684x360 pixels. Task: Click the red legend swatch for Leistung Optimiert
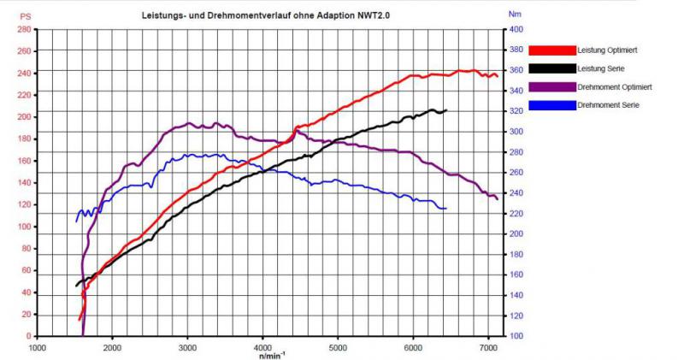point(552,50)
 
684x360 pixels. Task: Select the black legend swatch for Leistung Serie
point(552,68)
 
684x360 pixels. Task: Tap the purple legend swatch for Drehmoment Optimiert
point(552,86)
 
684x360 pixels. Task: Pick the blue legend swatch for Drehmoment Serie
point(552,104)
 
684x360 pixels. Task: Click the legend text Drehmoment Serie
point(606,104)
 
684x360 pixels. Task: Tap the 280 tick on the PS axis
point(23,29)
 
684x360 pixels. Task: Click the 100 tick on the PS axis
point(23,227)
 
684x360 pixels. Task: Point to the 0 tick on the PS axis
point(27,336)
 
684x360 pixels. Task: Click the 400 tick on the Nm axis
point(516,29)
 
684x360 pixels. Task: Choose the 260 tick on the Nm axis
point(516,173)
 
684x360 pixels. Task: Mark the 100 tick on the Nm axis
point(516,336)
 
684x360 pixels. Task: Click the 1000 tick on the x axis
point(37,348)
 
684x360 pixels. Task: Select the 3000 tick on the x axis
point(187,348)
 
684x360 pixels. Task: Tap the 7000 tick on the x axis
point(488,348)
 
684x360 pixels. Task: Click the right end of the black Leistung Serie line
point(446,110)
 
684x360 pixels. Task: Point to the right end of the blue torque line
point(446,209)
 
